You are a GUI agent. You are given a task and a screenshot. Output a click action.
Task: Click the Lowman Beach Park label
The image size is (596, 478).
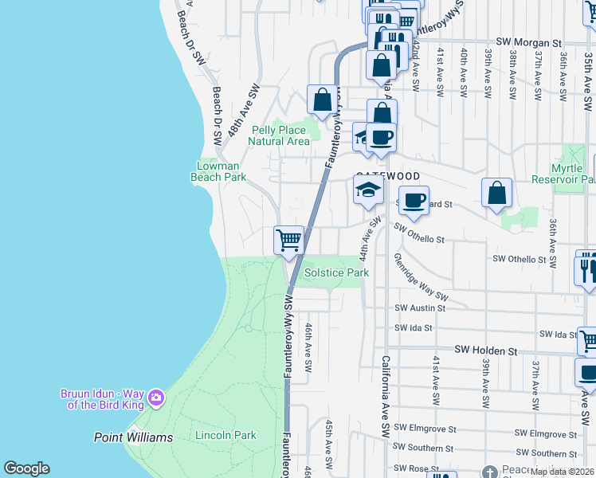218,171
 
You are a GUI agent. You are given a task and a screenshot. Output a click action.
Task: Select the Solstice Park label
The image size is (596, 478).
337,272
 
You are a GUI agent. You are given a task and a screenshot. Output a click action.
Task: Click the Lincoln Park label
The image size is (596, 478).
225,435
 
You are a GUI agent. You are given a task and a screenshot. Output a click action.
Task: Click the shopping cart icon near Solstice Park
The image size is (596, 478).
288,239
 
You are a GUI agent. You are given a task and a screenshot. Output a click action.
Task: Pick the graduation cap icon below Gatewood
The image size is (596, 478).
369,190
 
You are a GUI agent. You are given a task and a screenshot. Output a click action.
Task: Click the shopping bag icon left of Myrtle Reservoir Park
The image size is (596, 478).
496,192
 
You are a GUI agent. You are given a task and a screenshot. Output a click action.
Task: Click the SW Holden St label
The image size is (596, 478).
486,350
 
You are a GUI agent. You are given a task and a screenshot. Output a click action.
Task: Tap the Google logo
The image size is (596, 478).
26,468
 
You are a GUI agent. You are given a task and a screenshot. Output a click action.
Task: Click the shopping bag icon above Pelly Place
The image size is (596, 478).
322,100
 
